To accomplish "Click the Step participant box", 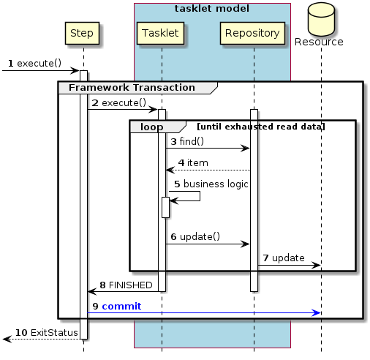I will pos(83,33).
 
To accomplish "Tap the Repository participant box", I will pos(252,33).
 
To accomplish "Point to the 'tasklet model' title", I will pos(212,8).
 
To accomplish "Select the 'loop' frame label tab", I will pos(152,126).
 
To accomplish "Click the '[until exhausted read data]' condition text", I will pos(260,127).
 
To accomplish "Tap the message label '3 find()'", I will pos(187,140).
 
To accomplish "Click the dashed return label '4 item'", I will pos(193,162).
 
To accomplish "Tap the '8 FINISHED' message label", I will pos(126,284).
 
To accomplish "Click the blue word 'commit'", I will pos(121,305).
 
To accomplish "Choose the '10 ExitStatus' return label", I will pos(41,332).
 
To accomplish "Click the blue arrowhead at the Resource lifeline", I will pos(317,312).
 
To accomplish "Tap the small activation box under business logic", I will pos(166,207).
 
